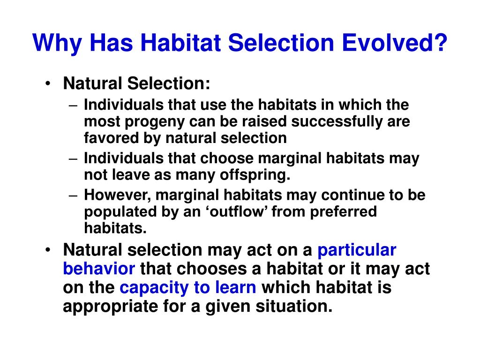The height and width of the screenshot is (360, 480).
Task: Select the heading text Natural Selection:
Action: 137,84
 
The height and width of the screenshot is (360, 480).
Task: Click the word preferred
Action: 342,212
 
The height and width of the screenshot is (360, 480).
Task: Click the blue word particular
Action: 357,250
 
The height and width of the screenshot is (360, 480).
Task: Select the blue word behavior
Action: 99,269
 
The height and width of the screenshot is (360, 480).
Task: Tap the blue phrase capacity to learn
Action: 188,288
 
